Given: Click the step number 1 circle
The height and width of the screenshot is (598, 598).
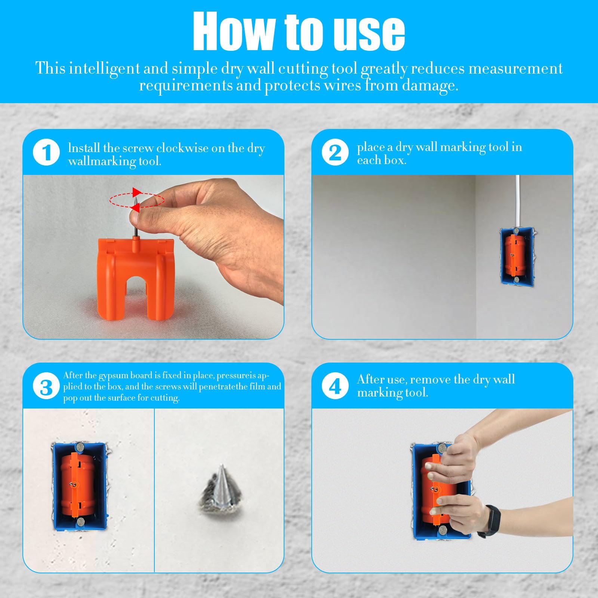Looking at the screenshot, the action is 46,152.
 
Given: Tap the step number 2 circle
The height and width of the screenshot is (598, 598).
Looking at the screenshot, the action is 335,152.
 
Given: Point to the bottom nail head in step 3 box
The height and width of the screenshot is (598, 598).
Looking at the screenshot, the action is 80,523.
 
